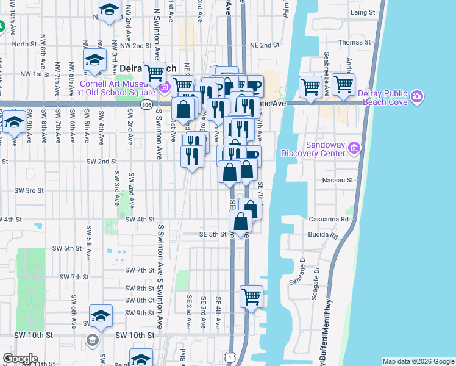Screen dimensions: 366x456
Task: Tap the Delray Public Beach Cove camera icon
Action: (x=417, y=96)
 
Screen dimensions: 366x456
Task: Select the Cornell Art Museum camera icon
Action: (x=163, y=88)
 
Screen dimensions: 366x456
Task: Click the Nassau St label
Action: (x=341, y=180)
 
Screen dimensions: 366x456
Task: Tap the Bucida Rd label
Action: (x=326, y=235)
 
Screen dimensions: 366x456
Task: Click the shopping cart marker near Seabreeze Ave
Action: (x=344, y=85)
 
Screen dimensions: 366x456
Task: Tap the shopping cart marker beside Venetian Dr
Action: (x=311, y=86)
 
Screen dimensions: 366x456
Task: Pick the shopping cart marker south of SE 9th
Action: (x=252, y=297)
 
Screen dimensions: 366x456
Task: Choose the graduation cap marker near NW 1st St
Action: (x=95, y=60)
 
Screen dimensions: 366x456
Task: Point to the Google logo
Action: (x=20, y=359)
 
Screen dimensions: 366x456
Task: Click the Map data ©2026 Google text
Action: (x=418, y=361)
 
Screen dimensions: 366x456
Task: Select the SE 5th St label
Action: (x=212, y=234)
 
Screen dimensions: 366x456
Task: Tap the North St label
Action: (x=24, y=44)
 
